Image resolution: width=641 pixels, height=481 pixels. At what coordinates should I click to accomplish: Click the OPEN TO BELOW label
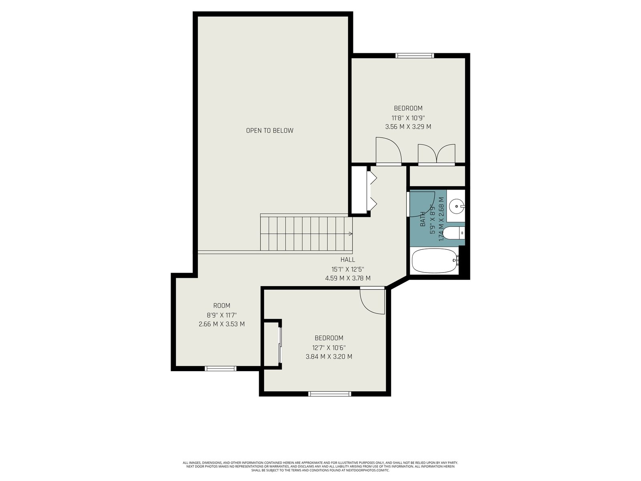coord(270,131)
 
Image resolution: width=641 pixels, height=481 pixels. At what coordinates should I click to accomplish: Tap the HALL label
coord(347,260)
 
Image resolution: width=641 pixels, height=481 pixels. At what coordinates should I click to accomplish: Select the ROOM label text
coord(222,305)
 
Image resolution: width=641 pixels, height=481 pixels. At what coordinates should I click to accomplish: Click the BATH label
coord(423,219)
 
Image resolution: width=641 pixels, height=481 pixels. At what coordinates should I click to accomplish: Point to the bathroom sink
coord(456,206)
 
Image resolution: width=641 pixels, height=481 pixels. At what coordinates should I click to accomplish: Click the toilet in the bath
coord(454,233)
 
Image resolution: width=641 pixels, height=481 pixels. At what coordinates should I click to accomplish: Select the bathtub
coord(435,261)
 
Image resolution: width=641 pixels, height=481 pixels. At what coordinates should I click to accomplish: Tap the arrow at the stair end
coord(351,234)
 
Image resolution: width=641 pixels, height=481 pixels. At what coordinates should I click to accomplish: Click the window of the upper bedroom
coord(415,55)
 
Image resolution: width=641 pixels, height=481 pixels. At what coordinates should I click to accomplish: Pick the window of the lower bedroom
coord(330,394)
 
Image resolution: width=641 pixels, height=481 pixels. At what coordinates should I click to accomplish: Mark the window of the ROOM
coord(220,368)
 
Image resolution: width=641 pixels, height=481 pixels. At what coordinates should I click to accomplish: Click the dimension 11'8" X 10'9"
coord(408,118)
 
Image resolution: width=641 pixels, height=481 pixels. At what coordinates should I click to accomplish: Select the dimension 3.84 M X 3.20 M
coord(329,357)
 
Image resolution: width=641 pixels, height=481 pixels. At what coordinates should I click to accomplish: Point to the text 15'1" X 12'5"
coord(347,269)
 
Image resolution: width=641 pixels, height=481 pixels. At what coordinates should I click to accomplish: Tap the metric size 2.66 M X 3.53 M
coord(222,324)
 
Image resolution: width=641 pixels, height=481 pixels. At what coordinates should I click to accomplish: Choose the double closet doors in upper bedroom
coord(437,154)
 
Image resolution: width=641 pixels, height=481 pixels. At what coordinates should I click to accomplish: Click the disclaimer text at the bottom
coord(320,467)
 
